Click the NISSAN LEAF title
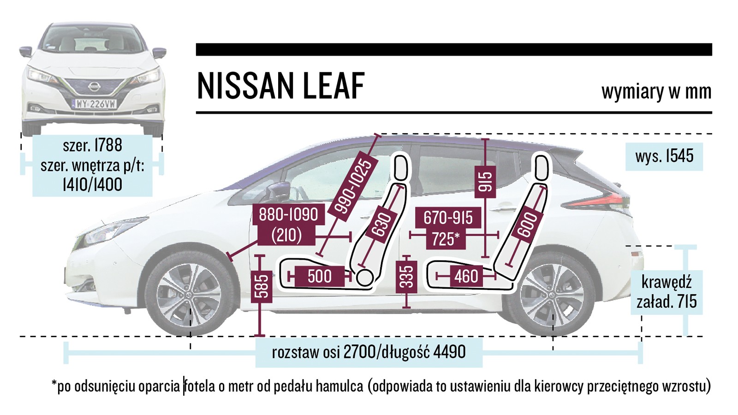(280, 86)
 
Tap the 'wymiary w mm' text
(656, 91)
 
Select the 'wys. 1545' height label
(664, 156)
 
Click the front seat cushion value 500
(319, 276)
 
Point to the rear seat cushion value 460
(466, 276)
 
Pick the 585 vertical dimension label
(261, 286)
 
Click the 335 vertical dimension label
(406, 277)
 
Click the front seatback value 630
(381, 225)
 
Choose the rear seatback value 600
(527, 225)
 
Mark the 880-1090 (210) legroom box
(288, 225)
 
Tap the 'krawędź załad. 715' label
(667, 292)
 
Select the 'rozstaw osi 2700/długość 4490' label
(369, 352)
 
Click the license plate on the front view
(95, 104)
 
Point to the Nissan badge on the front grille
(94, 86)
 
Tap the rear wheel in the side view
(552, 294)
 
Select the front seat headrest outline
(401, 167)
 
